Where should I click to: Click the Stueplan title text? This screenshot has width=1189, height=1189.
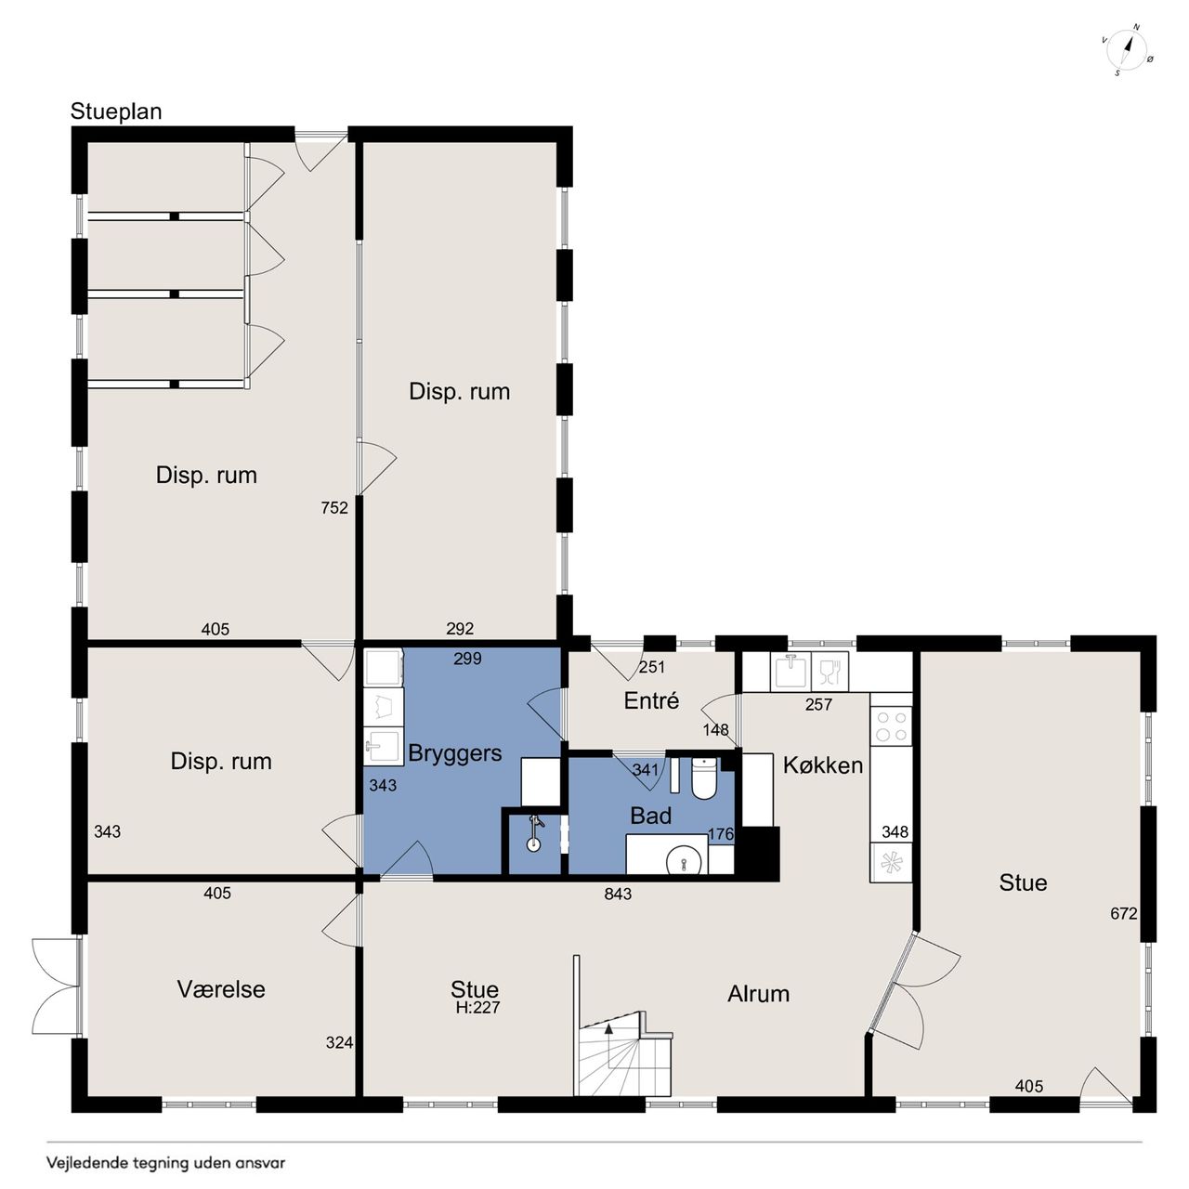pyautogui.click(x=116, y=111)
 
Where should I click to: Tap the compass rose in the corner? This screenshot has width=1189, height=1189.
pyautogui.click(x=1128, y=50)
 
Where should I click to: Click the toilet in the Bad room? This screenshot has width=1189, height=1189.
pyautogui.click(x=703, y=778)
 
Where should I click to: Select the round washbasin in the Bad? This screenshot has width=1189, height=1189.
pyautogui.click(x=685, y=859)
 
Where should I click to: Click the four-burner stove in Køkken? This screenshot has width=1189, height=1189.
pyautogui.click(x=891, y=726)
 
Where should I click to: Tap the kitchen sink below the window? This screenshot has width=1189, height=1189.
pyautogui.click(x=791, y=672)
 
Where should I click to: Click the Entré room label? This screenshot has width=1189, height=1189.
pyautogui.click(x=651, y=701)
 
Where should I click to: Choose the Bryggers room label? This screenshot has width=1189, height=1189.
pyautogui.click(x=455, y=754)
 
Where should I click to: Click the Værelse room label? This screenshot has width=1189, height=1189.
pyautogui.click(x=221, y=989)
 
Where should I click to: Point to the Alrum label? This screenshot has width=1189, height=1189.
pyautogui.click(x=758, y=994)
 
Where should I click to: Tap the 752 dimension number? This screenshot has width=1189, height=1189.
pyautogui.click(x=334, y=508)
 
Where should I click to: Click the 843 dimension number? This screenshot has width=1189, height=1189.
pyautogui.click(x=618, y=894)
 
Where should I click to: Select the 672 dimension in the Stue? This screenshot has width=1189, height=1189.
pyautogui.click(x=1124, y=913)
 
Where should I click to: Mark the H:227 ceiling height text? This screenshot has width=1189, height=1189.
pyautogui.click(x=477, y=1008)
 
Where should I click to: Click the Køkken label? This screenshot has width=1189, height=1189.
pyautogui.click(x=822, y=765)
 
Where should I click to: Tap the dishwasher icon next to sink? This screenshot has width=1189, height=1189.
pyautogui.click(x=830, y=672)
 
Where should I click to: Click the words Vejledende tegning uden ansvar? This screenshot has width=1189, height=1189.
pyautogui.click(x=166, y=1164)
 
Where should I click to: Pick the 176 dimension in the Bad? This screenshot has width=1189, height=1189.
pyautogui.click(x=721, y=834)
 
